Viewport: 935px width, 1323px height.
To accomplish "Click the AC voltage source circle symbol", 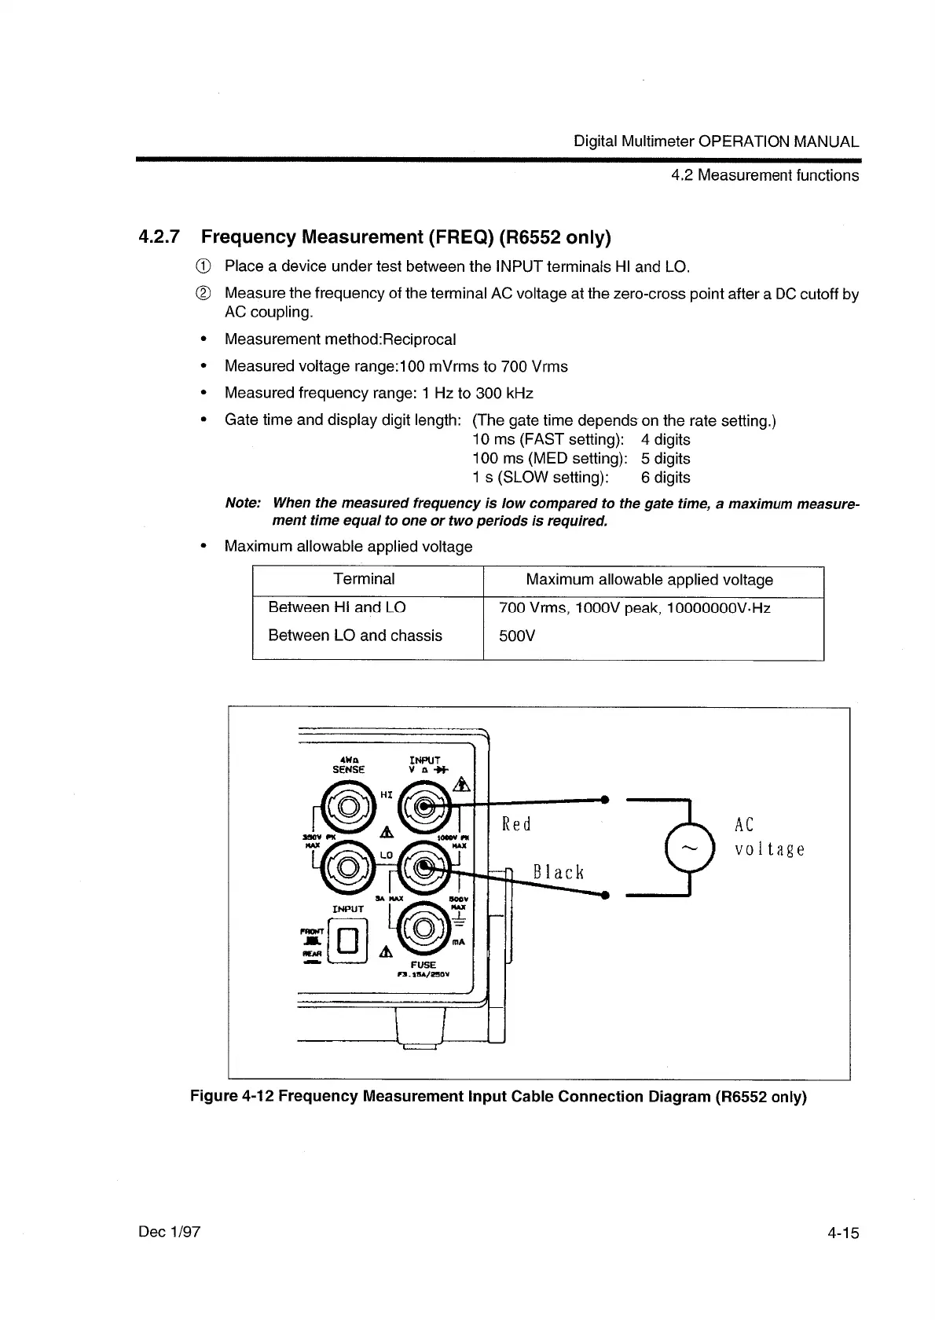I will click(689, 848).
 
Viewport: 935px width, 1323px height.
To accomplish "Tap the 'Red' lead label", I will click(516, 824).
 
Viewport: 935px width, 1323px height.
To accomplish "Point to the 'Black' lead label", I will click(558, 872).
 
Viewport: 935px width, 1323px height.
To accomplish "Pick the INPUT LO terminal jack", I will click(423, 867).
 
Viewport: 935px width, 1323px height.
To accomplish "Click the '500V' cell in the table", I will click(517, 636).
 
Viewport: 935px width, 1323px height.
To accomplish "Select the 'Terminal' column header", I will click(364, 580).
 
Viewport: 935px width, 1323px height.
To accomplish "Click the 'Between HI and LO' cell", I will click(337, 607).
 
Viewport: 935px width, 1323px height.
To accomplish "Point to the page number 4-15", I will click(843, 1233).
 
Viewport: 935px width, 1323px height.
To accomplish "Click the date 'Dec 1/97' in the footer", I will click(169, 1232).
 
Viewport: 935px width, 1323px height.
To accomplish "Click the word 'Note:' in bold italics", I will click(243, 503).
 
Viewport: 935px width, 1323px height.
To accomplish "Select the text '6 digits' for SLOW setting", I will click(665, 478).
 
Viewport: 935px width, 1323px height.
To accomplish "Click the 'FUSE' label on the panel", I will click(423, 965).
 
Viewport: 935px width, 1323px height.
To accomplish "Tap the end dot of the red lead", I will click(605, 799).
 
